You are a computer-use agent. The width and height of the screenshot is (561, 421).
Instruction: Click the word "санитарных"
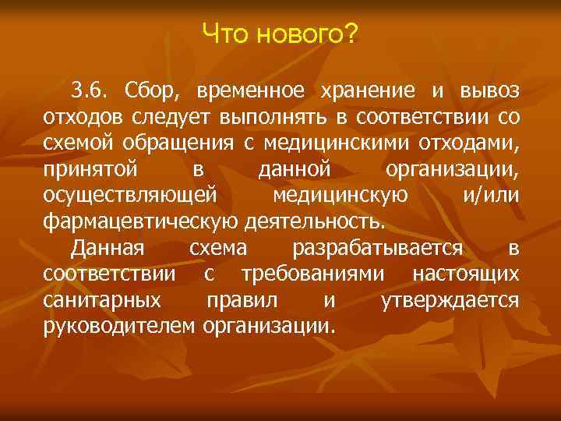click(102, 300)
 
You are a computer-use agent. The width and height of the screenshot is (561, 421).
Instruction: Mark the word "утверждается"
click(450, 300)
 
